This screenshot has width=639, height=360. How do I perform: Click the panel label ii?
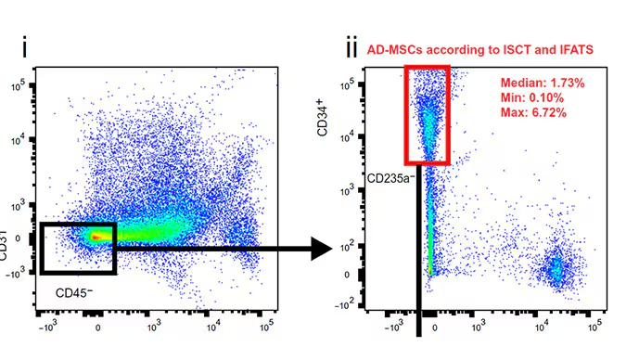(350, 45)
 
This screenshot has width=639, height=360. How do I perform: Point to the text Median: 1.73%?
(543, 83)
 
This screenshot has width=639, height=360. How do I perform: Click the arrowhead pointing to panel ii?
(322, 249)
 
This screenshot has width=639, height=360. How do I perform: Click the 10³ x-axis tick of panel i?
(155, 328)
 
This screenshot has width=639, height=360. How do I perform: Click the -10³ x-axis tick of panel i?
(46, 328)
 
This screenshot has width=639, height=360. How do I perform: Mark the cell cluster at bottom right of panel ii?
(555, 269)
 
